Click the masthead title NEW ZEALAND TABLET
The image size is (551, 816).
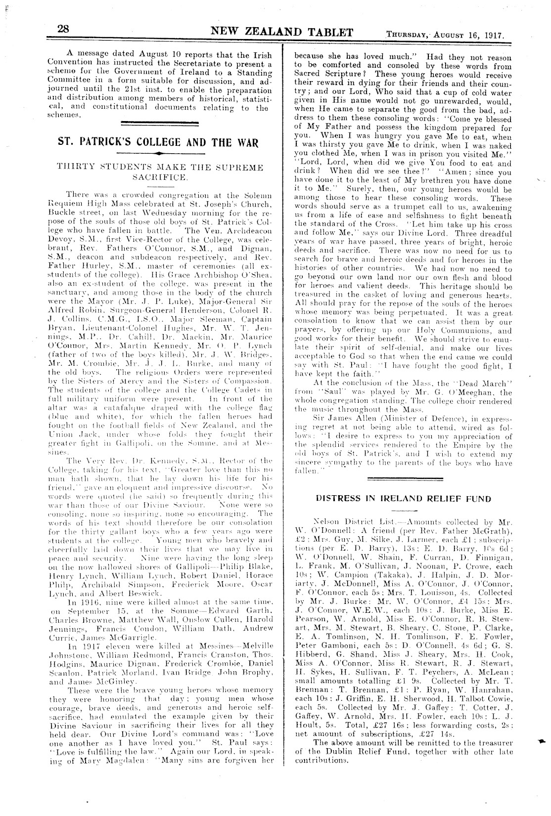pos(282,33)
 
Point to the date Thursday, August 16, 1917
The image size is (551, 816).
pos(445,35)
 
